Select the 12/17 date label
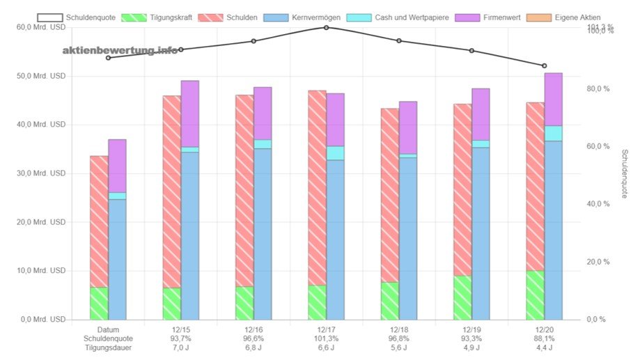pyautogui.click(x=326, y=329)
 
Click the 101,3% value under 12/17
pyautogui.click(x=326, y=338)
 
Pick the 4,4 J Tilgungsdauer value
pyautogui.click(x=544, y=347)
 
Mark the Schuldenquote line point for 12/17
pyautogui.click(x=326, y=28)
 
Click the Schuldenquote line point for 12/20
pyautogui.click(x=544, y=65)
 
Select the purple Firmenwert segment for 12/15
pyautogui.click(x=189, y=114)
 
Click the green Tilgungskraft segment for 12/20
pyautogui.click(x=535, y=295)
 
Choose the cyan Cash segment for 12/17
pyautogui.click(x=335, y=153)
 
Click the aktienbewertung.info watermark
pyautogui.click(x=120, y=50)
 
